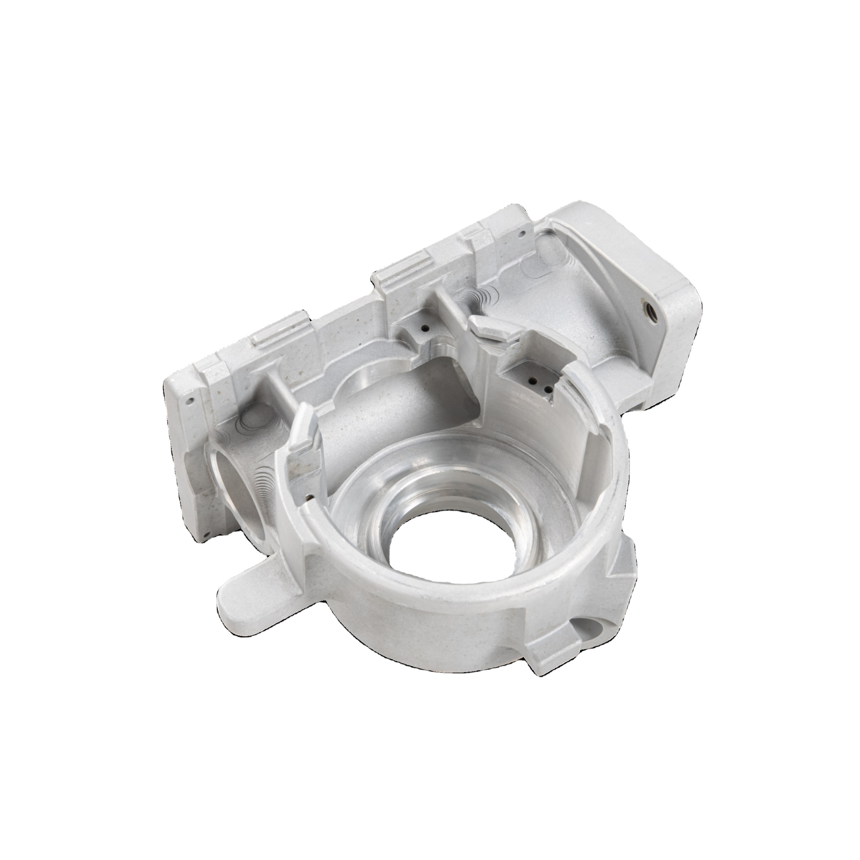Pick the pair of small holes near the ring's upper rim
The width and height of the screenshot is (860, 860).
[539, 384]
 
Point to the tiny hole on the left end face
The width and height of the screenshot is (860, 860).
[190, 401]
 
